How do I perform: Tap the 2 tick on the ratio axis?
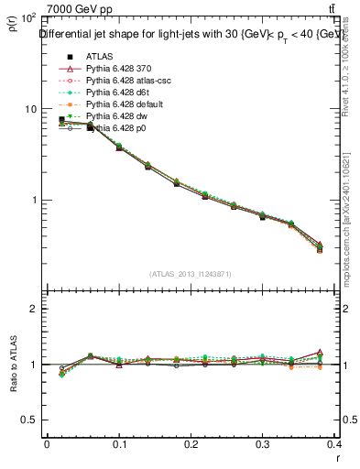tap(33, 309)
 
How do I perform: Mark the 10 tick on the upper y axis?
tap(27, 109)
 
